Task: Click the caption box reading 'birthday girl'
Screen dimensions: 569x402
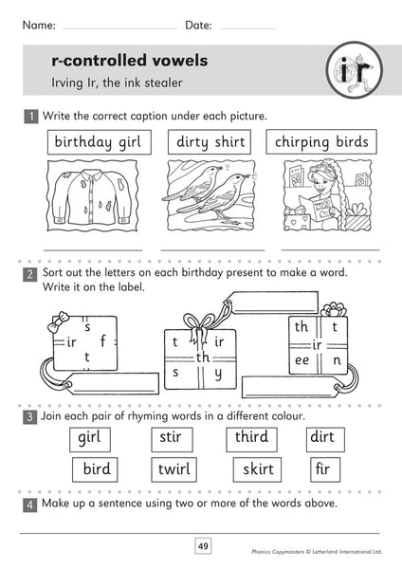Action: (x=96, y=142)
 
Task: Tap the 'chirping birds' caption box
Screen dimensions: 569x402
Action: (x=321, y=142)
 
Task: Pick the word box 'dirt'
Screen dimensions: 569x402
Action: (x=327, y=439)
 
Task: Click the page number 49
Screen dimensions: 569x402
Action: (x=203, y=545)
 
